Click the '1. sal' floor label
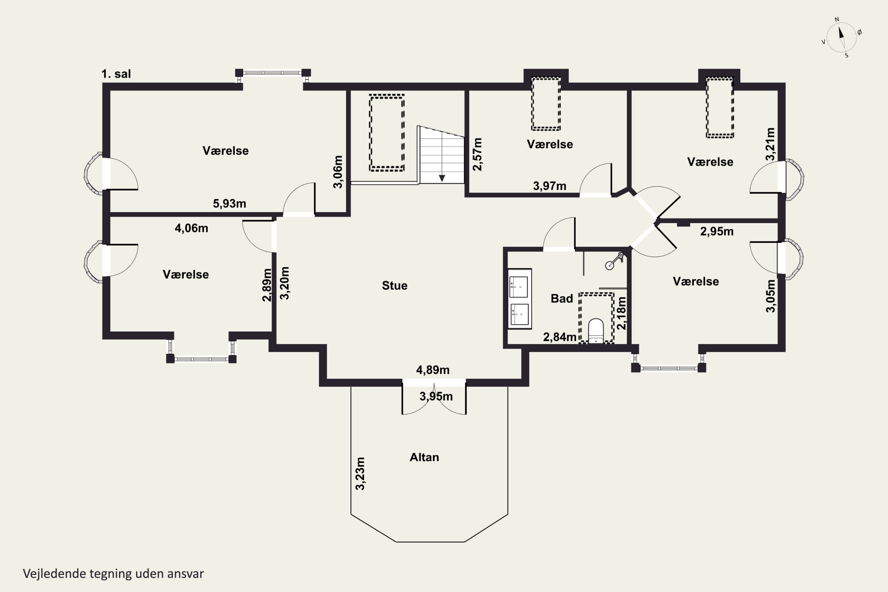point(116,74)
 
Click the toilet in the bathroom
point(596,331)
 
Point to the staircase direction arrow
point(442,178)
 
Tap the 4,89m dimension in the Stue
point(433,370)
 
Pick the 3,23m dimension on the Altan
point(360,473)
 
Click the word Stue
point(395,285)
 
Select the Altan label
point(424,457)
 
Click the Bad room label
point(562,298)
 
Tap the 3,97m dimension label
point(550,186)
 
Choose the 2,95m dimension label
point(717,231)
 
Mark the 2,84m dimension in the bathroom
point(559,337)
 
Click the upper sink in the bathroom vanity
point(519,287)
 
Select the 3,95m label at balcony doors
point(436,396)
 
